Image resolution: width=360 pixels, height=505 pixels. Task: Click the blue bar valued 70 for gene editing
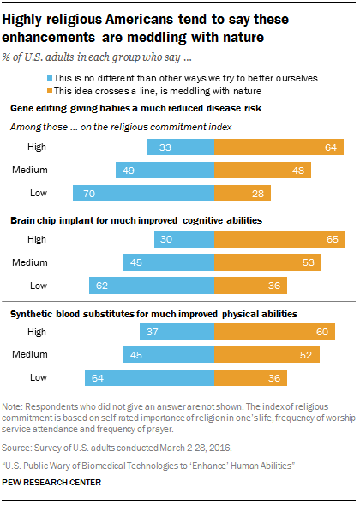(x=144, y=193)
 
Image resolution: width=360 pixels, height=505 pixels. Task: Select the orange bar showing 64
(x=279, y=147)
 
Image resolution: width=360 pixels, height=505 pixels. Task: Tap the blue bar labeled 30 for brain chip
(x=184, y=239)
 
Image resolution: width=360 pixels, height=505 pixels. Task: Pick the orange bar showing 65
(x=279, y=239)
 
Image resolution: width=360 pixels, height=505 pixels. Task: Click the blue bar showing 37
(x=177, y=332)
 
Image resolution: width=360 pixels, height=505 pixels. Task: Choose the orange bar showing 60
(x=274, y=332)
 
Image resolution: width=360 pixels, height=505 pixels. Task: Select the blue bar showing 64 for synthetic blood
(x=150, y=378)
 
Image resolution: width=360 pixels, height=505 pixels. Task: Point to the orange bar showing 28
(x=243, y=193)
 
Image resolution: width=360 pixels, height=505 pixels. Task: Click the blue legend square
(x=50, y=78)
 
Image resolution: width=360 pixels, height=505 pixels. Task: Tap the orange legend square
(x=50, y=91)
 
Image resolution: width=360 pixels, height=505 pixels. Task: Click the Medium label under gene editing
(x=30, y=170)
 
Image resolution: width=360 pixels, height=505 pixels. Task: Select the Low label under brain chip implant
(x=39, y=286)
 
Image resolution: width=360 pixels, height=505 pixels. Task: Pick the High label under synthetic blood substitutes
(x=37, y=332)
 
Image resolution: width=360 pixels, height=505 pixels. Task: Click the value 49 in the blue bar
(x=129, y=171)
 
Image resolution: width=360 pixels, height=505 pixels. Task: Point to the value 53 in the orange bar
(x=309, y=262)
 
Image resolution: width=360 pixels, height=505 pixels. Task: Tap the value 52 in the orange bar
(x=306, y=355)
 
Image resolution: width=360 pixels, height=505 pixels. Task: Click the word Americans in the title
(x=139, y=20)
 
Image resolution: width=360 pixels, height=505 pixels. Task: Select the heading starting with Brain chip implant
(x=136, y=220)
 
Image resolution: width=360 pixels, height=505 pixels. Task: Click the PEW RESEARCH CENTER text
(x=51, y=482)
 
